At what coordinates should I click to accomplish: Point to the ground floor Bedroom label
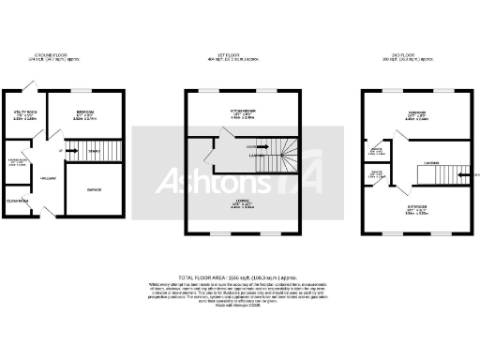(x=85, y=112)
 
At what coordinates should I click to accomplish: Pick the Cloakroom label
(x=18, y=199)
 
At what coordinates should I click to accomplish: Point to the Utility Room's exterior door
(x=33, y=86)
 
